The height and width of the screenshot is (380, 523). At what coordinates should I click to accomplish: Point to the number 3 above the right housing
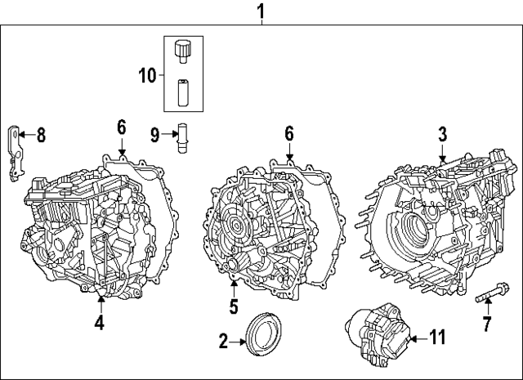coord(441,133)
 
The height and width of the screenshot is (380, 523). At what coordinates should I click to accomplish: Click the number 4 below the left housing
coord(99,323)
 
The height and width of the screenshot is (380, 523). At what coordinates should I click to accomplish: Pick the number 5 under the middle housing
coord(233,307)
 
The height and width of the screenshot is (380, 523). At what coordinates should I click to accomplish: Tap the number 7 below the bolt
coord(487,325)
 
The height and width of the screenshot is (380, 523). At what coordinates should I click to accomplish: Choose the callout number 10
coord(147,76)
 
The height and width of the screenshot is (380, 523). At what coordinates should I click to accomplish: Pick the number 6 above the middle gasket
coord(288,133)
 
